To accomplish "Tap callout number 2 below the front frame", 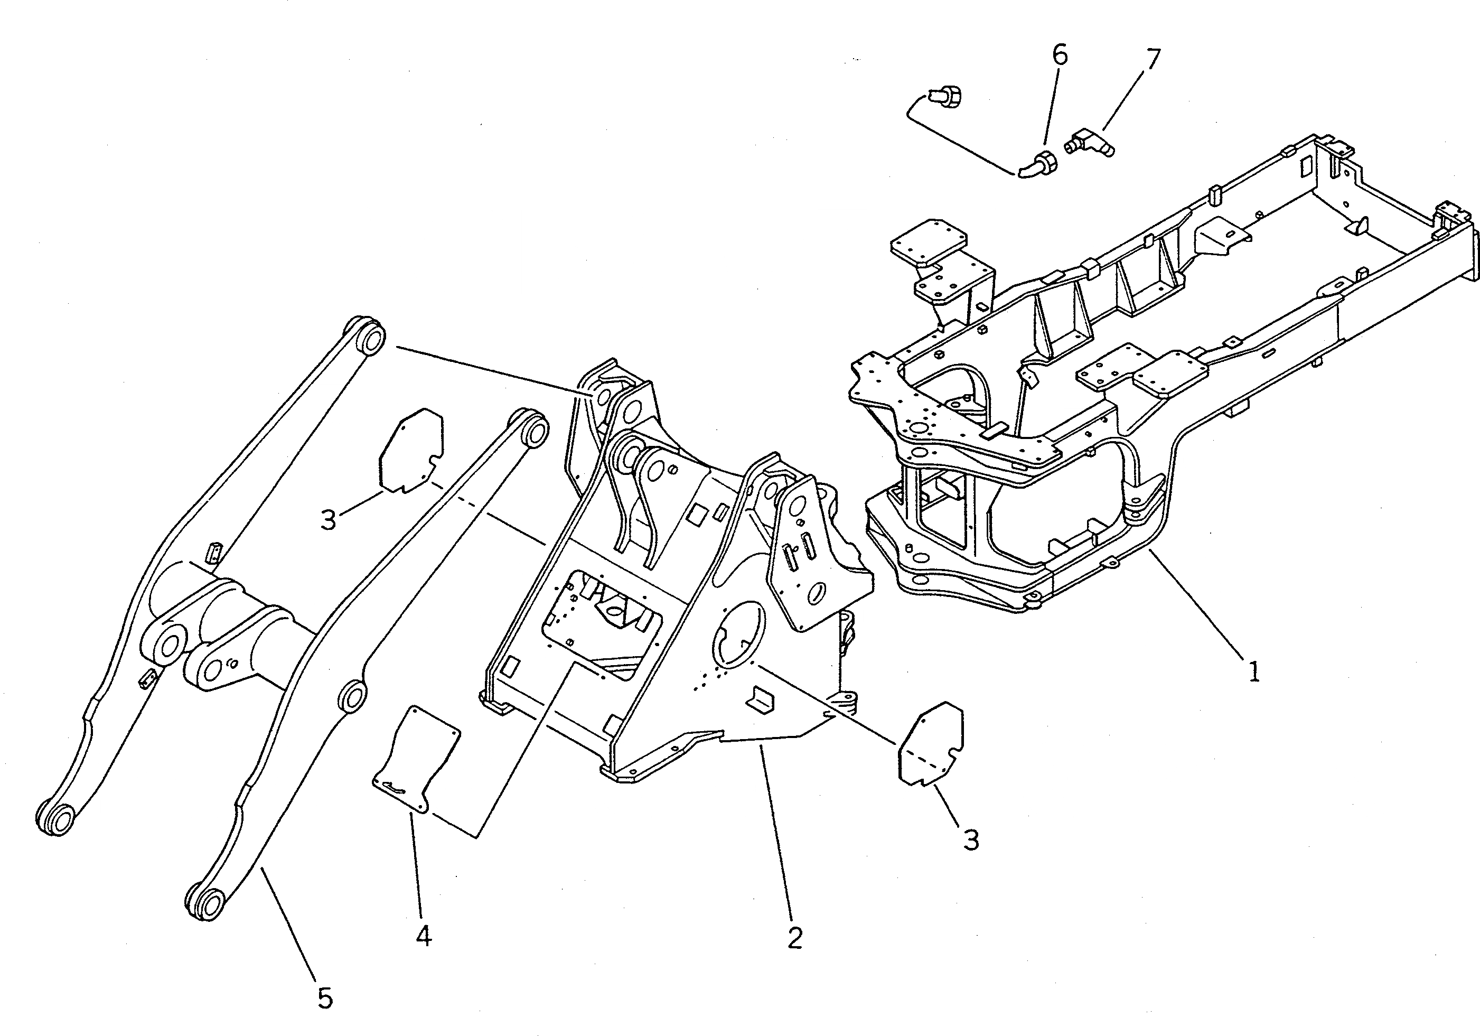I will coord(795,939).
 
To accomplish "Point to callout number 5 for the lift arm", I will coord(325,998).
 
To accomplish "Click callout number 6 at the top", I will coord(1060,55).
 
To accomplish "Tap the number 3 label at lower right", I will coord(971,840).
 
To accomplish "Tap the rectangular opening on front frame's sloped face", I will coord(603,621).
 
